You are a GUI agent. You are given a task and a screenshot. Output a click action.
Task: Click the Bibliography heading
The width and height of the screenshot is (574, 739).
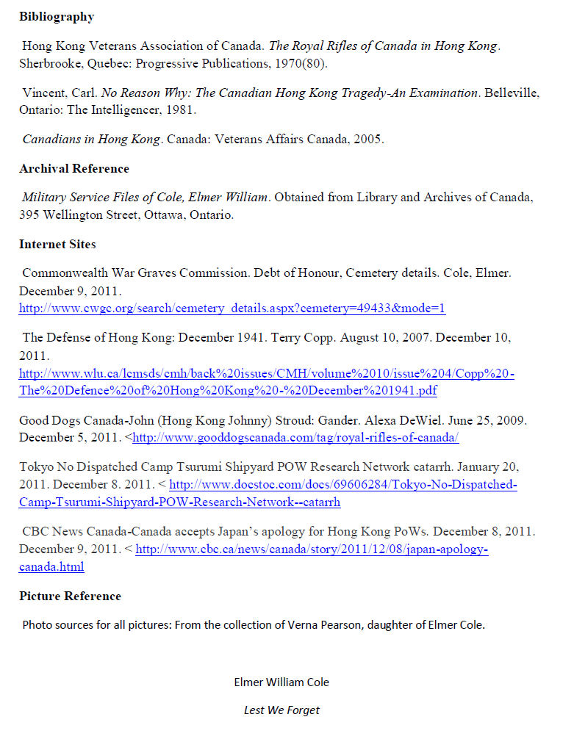click(57, 16)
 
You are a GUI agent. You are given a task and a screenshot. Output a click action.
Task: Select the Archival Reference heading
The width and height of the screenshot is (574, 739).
click(74, 169)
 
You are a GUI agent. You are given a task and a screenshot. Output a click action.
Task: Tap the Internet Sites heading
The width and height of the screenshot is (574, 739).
click(57, 244)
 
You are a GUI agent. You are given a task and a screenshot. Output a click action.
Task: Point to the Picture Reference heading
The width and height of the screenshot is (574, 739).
click(70, 596)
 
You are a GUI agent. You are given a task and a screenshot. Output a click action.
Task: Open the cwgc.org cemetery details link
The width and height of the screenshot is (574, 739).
click(232, 309)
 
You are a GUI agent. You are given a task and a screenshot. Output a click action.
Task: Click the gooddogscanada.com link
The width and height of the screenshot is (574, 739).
click(295, 439)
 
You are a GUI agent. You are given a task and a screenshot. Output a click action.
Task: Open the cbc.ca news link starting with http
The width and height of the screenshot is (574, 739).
click(312, 549)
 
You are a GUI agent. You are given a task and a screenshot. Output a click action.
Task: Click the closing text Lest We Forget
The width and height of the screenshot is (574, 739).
click(281, 710)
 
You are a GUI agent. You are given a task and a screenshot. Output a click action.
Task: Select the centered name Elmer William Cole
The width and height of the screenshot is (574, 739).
click(281, 682)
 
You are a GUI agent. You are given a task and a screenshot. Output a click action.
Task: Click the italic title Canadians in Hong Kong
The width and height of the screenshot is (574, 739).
click(91, 139)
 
